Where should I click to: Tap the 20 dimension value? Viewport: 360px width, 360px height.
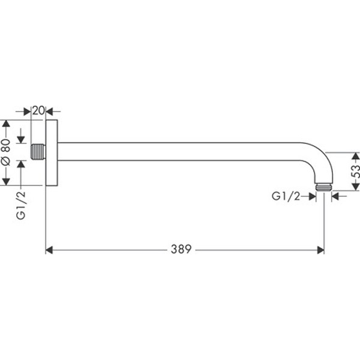point(38,110)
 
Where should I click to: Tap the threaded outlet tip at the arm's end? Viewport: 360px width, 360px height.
point(323,187)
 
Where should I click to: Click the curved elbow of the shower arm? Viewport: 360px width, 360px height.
point(317,157)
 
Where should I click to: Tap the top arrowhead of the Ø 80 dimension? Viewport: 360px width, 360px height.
point(6,124)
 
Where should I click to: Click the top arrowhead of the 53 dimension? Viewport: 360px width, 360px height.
point(355,156)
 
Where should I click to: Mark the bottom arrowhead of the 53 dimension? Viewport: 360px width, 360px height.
point(355,186)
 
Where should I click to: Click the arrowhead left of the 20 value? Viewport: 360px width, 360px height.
point(27,111)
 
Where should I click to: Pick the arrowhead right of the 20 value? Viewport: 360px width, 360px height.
point(50,111)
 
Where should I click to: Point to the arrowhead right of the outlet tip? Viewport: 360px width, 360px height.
point(335,195)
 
